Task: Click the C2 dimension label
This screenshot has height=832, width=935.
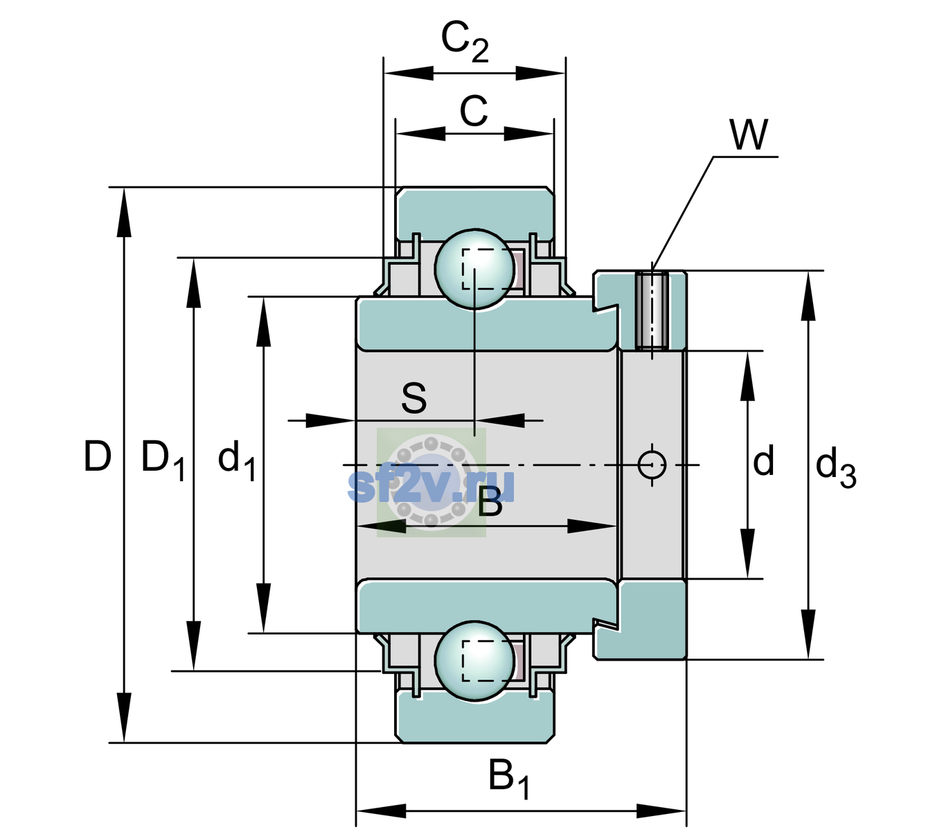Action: (x=464, y=42)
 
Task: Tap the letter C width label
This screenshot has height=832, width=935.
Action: (x=474, y=111)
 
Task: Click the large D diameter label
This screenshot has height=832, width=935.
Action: (x=98, y=456)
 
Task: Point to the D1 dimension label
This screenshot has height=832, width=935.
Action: (x=163, y=460)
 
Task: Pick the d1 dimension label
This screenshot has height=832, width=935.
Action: (x=237, y=460)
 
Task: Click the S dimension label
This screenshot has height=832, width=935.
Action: (x=414, y=398)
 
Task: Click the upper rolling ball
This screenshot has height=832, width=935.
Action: (x=474, y=269)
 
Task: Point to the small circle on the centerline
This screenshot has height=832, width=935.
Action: (x=652, y=465)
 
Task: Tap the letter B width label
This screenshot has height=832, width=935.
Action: (x=490, y=502)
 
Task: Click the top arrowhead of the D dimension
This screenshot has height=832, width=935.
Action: (x=124, y=212)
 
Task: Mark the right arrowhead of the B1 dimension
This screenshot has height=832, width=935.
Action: (x=661, y=811)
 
